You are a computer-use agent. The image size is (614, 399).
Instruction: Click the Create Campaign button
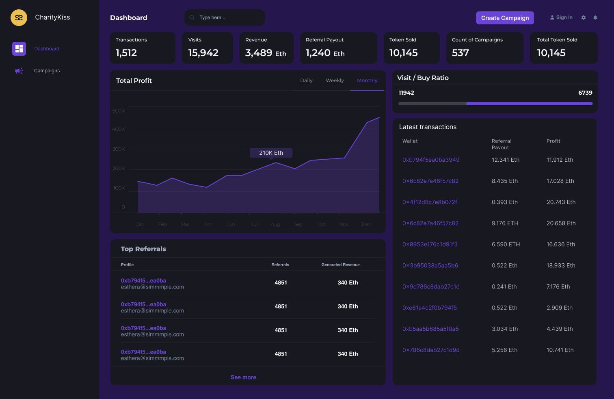click(x=505, y=18)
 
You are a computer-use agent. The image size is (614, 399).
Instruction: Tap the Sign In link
click(x=562, y=17)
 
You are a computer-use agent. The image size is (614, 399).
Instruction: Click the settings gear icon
click(x=584, y=17)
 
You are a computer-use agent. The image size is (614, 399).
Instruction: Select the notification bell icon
click(x=595, y=17)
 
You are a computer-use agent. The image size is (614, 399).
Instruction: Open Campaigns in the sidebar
click(x=47, y=71)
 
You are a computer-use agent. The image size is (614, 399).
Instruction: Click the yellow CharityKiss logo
click(x=19, y=17)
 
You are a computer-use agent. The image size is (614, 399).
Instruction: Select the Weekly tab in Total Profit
click(x=335, y=80)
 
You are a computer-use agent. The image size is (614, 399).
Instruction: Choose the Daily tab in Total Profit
click(x=306, y=80)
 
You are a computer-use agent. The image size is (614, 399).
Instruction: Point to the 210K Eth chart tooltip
click(x=271, y=153)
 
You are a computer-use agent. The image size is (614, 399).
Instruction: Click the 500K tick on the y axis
click(x=119, y=111)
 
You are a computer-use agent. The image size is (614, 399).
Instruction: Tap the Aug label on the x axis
click(x=275, y=224)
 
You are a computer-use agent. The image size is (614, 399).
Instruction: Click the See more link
click(x=243, y=377)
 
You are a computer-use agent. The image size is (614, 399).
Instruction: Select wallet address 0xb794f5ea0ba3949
click(x=431, y=160)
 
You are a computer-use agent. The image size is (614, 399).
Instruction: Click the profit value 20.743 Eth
click(x=561, y=202)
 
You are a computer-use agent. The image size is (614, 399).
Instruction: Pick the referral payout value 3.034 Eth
click(x=505, y=329)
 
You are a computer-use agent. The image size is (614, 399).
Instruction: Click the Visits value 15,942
click(x=203, y=53)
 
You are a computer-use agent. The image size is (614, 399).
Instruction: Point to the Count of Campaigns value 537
click(x=460, y=53)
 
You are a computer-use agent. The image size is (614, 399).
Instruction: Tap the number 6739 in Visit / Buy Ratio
click(x=585, y=93)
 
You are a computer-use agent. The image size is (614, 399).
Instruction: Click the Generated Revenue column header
click(x=340, y=265)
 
